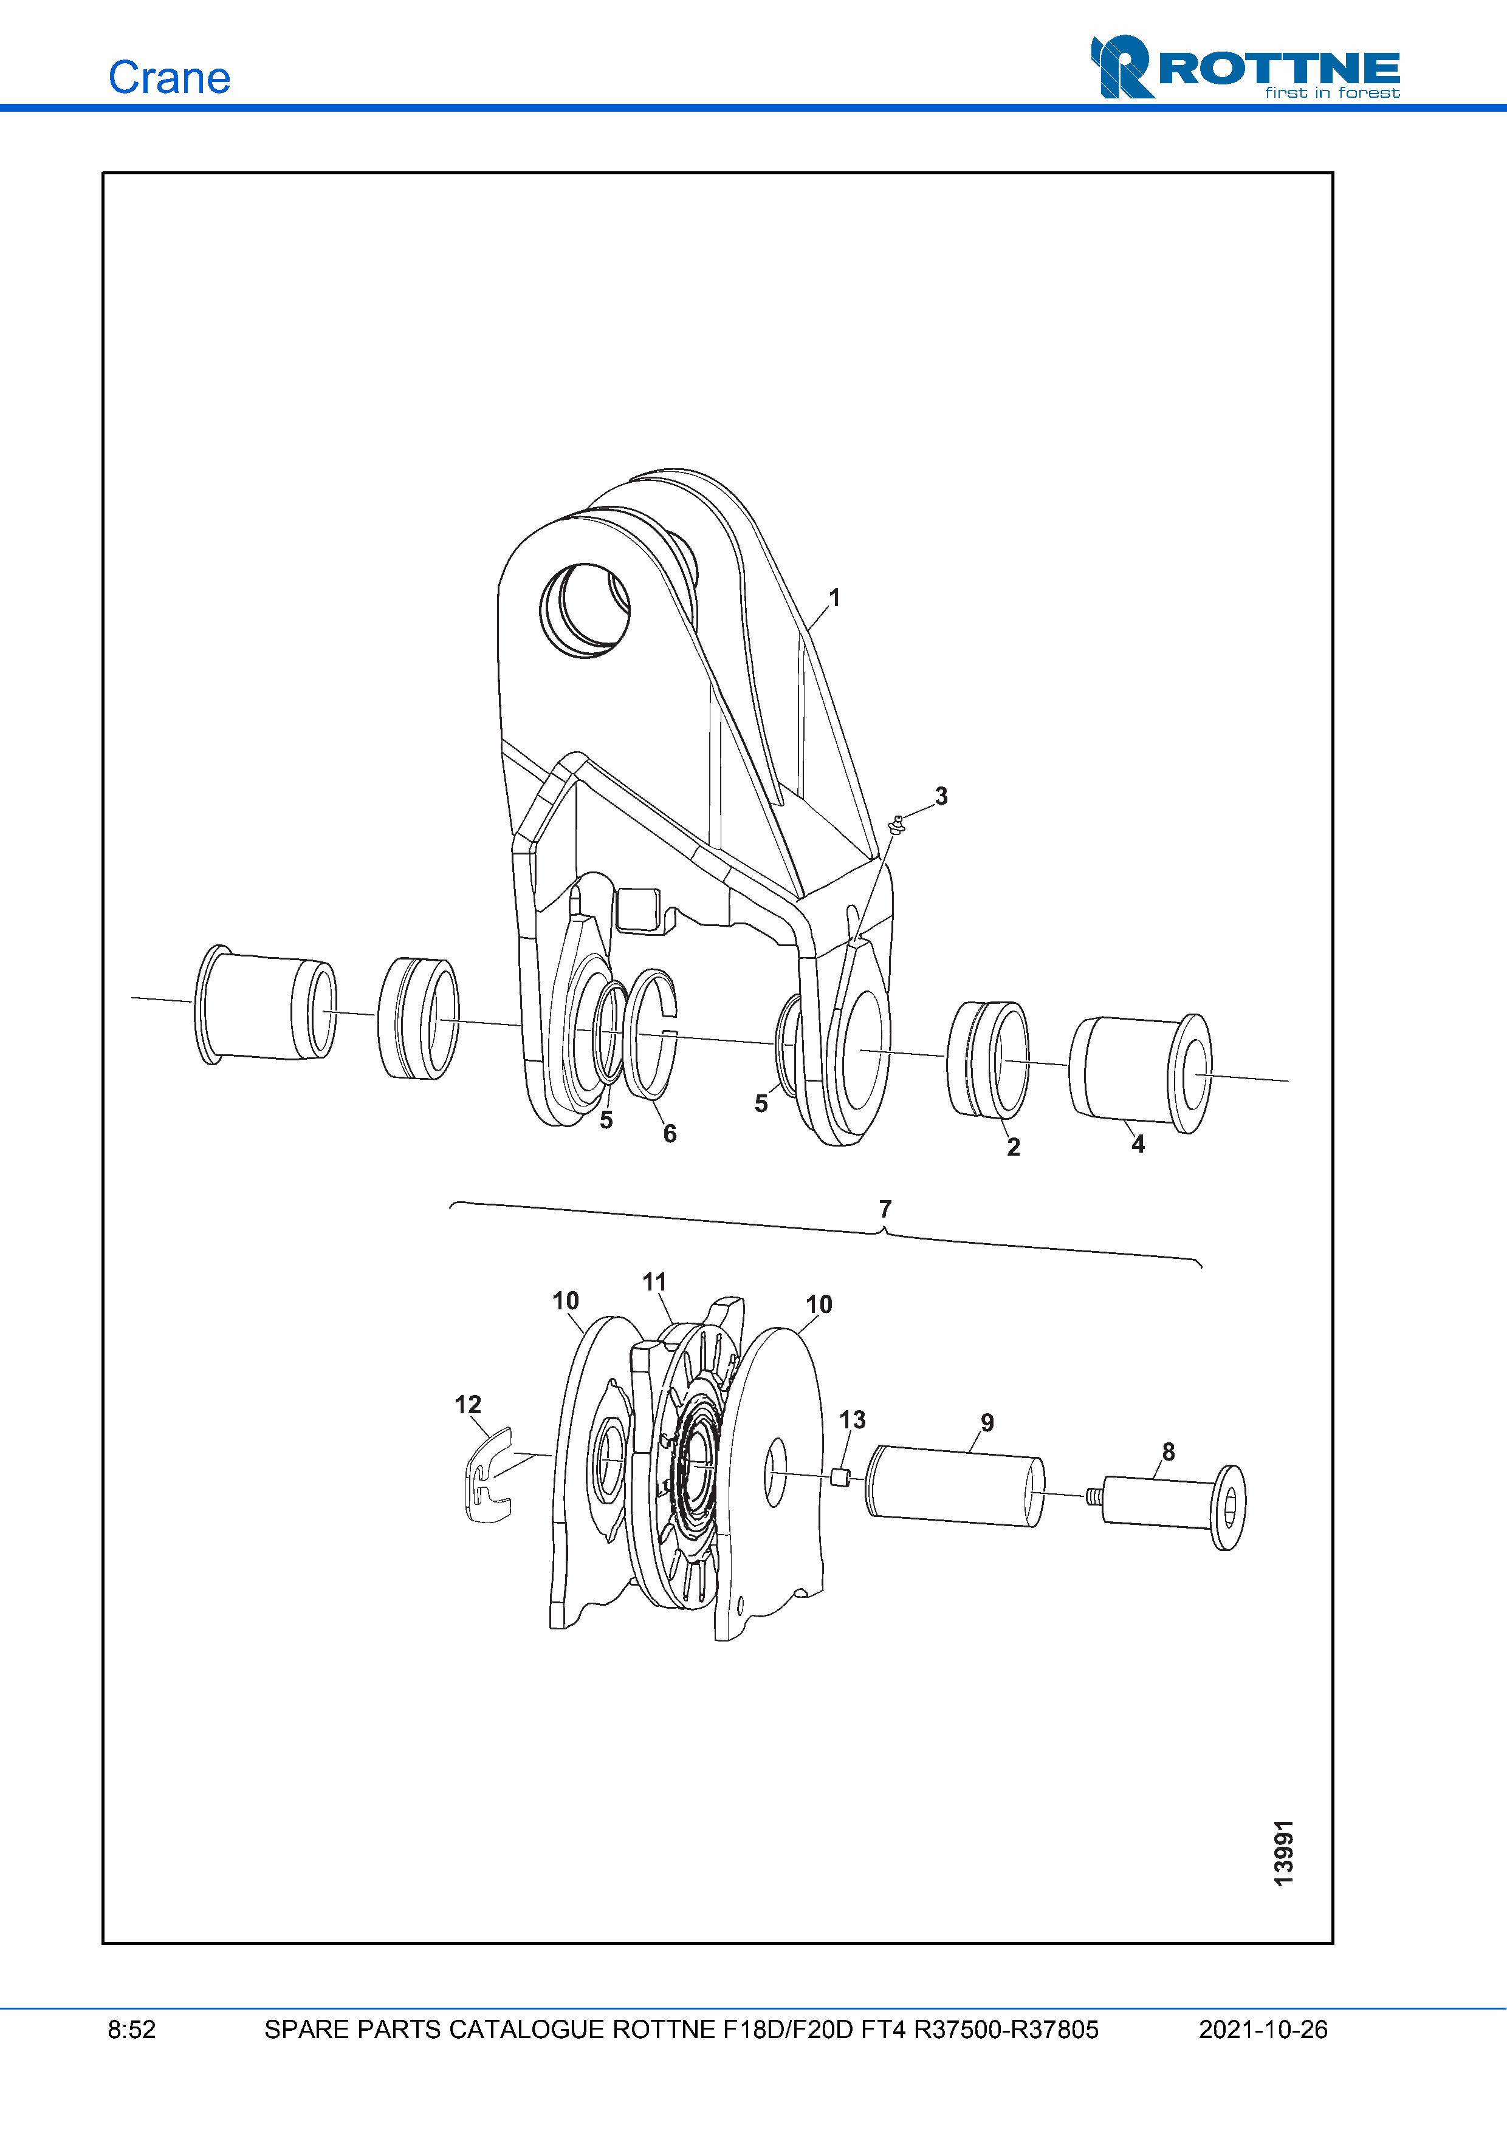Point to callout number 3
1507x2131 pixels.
pyautogui.click(x=941, y=796)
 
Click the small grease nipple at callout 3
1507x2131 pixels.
pyautogui.click(x=897, y=823)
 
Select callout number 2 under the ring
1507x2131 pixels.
pyautogui.click(x=1013, y=1147)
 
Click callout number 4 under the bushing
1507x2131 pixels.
pyautogui.click(x=1138, y=1144)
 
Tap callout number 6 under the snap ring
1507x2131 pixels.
pyautogui.click(x=670, y=1133)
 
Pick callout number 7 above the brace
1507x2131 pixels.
pyautogui.click(x=885, y=1209)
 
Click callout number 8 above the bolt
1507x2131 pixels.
pyautogui.click(x=1168, y=1451)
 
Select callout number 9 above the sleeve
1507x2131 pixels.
pyautogui.click(x=987, y=1423)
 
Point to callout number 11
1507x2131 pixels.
pyautogui.click(x=654, y=1282)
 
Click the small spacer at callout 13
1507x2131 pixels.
pyautogui.click(x=840, y=1478)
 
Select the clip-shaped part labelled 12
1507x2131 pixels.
pyautogui.click(x=487, y=1477)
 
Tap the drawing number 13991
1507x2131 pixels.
pyautogui.click(x=1283, y=1853)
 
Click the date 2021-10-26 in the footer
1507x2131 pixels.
pyautogui.click(x=1263, y=2030)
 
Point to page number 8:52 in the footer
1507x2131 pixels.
pyautogui.click(x=132, y=2030)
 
